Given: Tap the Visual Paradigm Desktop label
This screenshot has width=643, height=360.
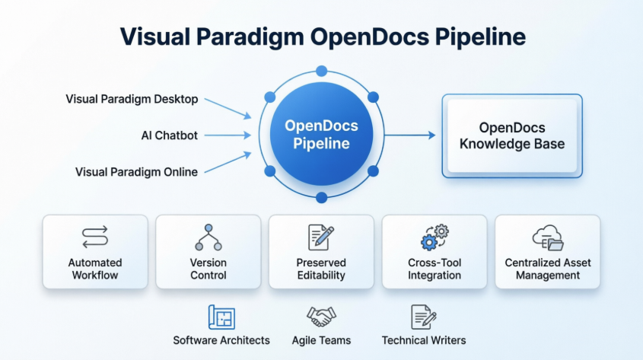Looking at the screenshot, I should [132, 99].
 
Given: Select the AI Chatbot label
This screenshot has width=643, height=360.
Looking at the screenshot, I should [169, 135].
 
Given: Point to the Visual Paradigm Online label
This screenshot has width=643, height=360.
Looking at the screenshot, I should [136, 172].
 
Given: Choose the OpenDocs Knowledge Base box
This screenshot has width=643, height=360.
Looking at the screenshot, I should [511, 135].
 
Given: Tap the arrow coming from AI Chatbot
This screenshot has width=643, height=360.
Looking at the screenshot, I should [228, 135].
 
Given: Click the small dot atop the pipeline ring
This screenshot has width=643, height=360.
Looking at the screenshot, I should [321, 72].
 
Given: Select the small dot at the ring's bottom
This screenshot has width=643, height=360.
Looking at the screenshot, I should [321, 198].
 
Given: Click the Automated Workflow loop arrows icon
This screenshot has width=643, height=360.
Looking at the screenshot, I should [95, 237].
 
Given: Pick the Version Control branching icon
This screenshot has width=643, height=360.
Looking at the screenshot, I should [208, 237].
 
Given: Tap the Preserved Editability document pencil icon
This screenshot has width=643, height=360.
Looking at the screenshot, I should [320, 237].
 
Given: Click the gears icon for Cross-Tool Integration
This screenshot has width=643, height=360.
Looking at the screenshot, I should [435, 237].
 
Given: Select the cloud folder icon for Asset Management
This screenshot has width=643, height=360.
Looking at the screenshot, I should [547, 237].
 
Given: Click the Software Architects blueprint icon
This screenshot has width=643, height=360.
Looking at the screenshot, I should [221, 317].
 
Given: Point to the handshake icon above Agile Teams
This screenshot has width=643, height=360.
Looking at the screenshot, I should [321, 317].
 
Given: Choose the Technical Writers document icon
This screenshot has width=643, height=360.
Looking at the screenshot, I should [423, 317].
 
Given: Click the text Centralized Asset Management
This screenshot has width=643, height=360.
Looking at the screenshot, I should [547, 269].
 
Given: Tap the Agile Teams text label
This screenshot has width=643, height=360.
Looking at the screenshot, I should [321, 340].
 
